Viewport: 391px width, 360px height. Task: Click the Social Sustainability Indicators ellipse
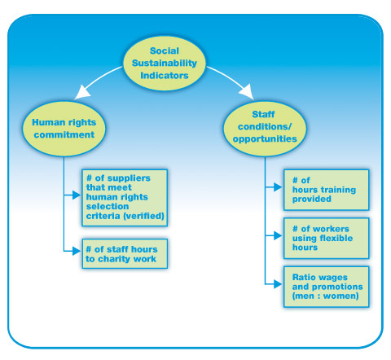165,64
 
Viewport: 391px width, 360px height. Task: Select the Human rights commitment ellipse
64,129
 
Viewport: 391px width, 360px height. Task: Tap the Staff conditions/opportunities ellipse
265,129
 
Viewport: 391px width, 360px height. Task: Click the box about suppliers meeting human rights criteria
125,198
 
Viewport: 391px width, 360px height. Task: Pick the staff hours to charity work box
125,254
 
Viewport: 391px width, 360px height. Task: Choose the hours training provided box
326,190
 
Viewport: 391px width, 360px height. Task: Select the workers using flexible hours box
326,238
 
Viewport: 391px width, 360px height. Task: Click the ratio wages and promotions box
326,287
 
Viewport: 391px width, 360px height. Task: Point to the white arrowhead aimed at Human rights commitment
82,92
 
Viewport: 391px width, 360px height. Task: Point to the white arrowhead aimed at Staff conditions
247,92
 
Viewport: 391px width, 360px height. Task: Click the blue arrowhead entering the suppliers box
77,195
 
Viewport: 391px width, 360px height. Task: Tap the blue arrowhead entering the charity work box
77,251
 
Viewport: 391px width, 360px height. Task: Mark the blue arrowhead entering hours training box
278,187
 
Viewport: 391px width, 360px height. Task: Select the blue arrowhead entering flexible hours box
278,235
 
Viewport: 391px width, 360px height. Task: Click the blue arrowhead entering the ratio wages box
278,284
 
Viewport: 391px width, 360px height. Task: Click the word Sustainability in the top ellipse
165,64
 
